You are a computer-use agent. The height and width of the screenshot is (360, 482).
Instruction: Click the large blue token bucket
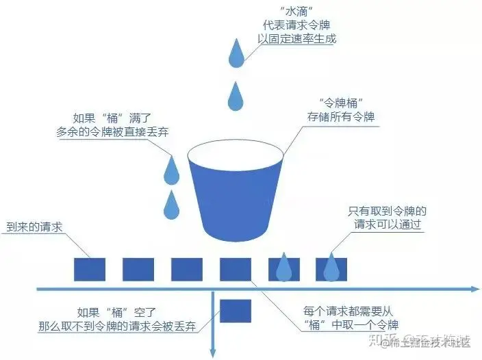[229, 192]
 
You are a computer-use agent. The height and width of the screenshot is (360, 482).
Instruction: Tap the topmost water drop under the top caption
[237, 54]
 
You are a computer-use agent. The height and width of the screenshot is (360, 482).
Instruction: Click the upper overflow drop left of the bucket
[171, 168]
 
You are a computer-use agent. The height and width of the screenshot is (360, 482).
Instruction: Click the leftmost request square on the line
[89, 269]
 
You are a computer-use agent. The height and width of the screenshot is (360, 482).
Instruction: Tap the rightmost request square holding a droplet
[331, 269]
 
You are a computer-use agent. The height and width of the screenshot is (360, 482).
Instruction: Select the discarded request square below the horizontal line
[235, 310]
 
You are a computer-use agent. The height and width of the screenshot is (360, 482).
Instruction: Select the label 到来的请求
[35, 227]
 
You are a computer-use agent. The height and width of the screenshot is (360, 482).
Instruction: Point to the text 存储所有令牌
[340, 117]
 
